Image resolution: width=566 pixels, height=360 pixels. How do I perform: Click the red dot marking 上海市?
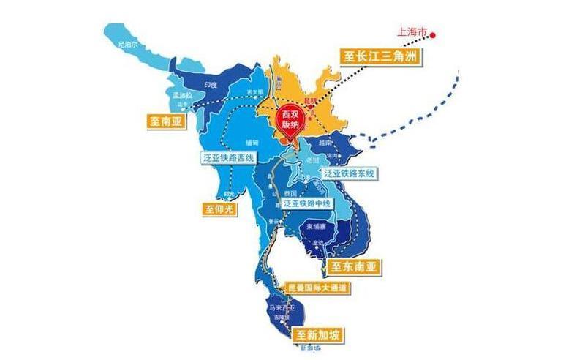433,34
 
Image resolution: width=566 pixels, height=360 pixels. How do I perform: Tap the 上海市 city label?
412,33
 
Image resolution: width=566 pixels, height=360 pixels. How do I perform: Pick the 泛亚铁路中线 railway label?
306,202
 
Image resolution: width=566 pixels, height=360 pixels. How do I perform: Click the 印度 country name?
211,85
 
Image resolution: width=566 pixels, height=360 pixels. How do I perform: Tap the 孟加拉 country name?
181,96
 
